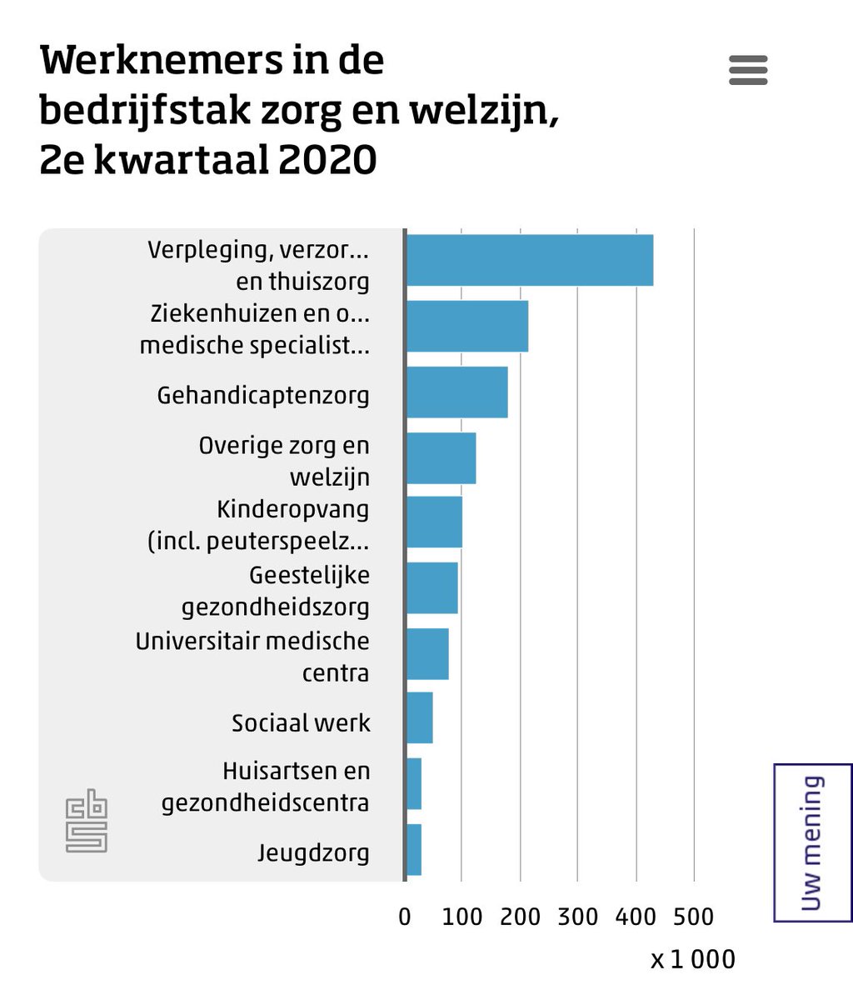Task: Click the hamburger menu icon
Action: pyautogui.click(x=747, y=70)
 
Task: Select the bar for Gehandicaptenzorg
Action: pyautogui.click(x=456, y=392)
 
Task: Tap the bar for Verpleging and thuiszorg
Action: pyautogui.click(x=529, y=260)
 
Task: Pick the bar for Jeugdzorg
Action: pyautogui.click(x=414, y=850)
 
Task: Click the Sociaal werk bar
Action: pyautogui.click(x=420, y=717)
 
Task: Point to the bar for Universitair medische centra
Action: pyautogui.click(x=427, y=654)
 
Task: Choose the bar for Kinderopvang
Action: pyautogui.click(x=434, y=522)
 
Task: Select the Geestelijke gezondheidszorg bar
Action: pyautogui.click(x=432, y=588)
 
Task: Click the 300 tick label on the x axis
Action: pyautogui.click(x=578, y=917)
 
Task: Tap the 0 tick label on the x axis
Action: pyautogui.click(x=405, y=917)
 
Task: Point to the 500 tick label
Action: pyautogui.click(x=693, y=917)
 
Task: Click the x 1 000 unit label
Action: pyautogui.click(x=693, y=959)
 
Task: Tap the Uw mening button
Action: pyautogui.click(x=812, y=842)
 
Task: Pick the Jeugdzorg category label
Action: pyautogui.click(x=313, y=853)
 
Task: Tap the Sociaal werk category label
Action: pyautogui.click(x=301, y=722)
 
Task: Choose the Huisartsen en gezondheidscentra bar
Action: pyautogui.click(x=414, y=783)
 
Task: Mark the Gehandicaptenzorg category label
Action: pyautogui.click(x=263, y=395)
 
